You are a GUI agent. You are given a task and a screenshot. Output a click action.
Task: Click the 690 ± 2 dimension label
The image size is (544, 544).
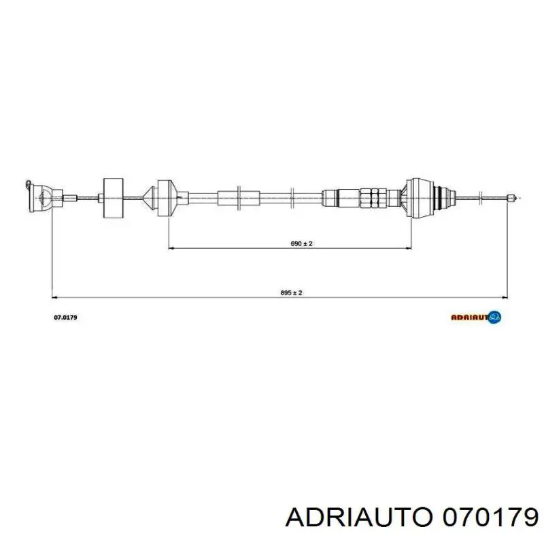(301, 243)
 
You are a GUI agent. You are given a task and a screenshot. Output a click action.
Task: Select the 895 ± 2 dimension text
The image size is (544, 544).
(291, 293)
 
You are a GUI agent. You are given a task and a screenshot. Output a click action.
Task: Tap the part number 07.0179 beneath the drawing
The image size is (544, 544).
(65, 317)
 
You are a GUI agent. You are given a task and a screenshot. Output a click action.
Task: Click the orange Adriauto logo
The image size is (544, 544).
(476, 317)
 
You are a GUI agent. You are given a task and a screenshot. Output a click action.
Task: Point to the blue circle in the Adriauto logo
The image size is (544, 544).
(494, 317)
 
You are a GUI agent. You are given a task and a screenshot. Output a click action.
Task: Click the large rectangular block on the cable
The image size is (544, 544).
(114, 198)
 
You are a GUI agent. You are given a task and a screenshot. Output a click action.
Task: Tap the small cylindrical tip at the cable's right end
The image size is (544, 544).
(510, 199)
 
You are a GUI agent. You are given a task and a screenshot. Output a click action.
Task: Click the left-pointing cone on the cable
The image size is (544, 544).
(150, 198)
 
